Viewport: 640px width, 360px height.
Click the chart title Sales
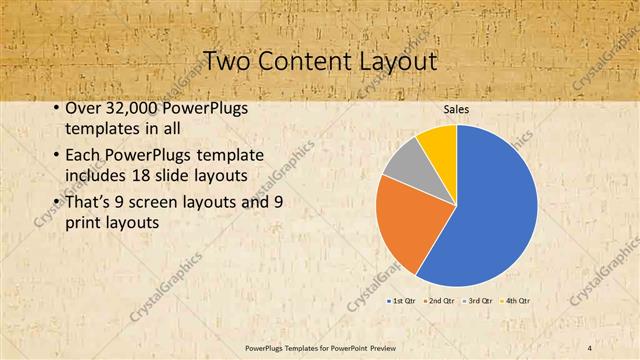point(455,109)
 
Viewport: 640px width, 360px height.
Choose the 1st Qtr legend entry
point(401,300)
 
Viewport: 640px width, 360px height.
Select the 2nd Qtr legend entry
point(440,300)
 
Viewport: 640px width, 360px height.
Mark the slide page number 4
point(591,347)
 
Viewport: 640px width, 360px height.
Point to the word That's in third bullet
point(87,202)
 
